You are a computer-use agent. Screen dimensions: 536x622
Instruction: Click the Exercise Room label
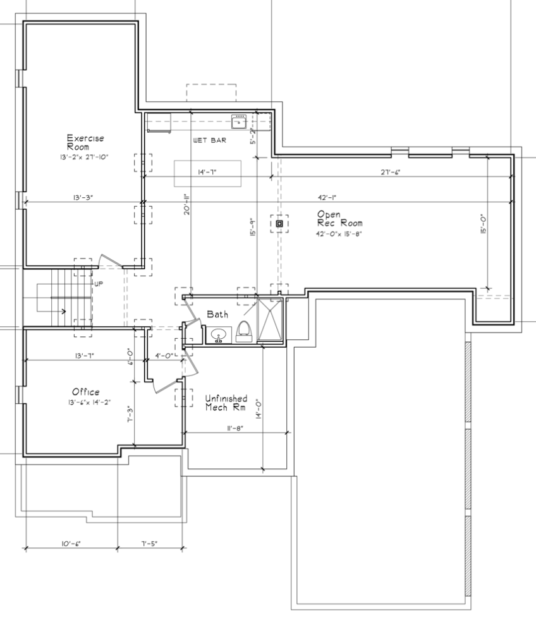85,142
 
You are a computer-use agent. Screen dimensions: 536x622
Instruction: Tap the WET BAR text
209,140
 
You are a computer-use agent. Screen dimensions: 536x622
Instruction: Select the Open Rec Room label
339,219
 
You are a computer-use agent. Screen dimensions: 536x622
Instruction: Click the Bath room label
217,314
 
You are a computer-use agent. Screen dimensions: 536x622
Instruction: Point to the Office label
86,392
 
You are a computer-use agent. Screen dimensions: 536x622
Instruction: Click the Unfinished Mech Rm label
226,403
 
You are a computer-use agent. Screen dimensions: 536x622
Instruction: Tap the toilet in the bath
244,331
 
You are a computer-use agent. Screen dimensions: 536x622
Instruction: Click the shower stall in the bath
270,320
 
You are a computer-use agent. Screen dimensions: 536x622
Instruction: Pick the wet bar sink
239,121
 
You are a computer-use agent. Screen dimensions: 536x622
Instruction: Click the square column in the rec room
279,224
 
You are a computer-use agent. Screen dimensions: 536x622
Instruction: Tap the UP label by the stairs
99,284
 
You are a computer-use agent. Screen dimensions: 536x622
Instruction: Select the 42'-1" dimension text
327,197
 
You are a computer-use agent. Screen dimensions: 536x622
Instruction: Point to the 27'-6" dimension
391,172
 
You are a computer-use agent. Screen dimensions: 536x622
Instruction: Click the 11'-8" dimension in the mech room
235,428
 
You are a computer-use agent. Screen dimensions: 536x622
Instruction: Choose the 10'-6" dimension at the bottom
71,544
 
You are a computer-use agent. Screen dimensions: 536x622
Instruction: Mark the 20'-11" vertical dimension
187,204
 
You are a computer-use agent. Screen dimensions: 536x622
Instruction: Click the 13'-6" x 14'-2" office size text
89,402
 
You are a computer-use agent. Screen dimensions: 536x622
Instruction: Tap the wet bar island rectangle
207,173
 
